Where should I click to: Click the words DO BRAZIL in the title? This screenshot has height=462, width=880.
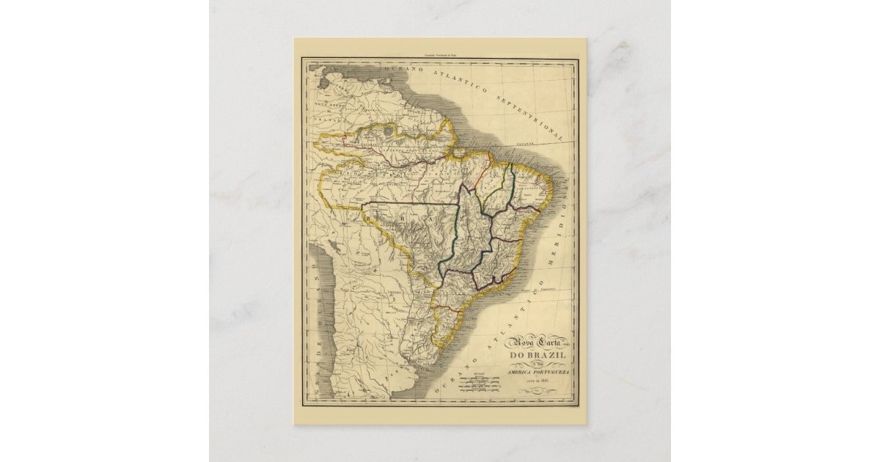[x=543, y=356]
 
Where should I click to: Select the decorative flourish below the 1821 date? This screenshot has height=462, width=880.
[x=543, y=389]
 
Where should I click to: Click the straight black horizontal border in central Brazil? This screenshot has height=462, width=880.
[x=411, y=202]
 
